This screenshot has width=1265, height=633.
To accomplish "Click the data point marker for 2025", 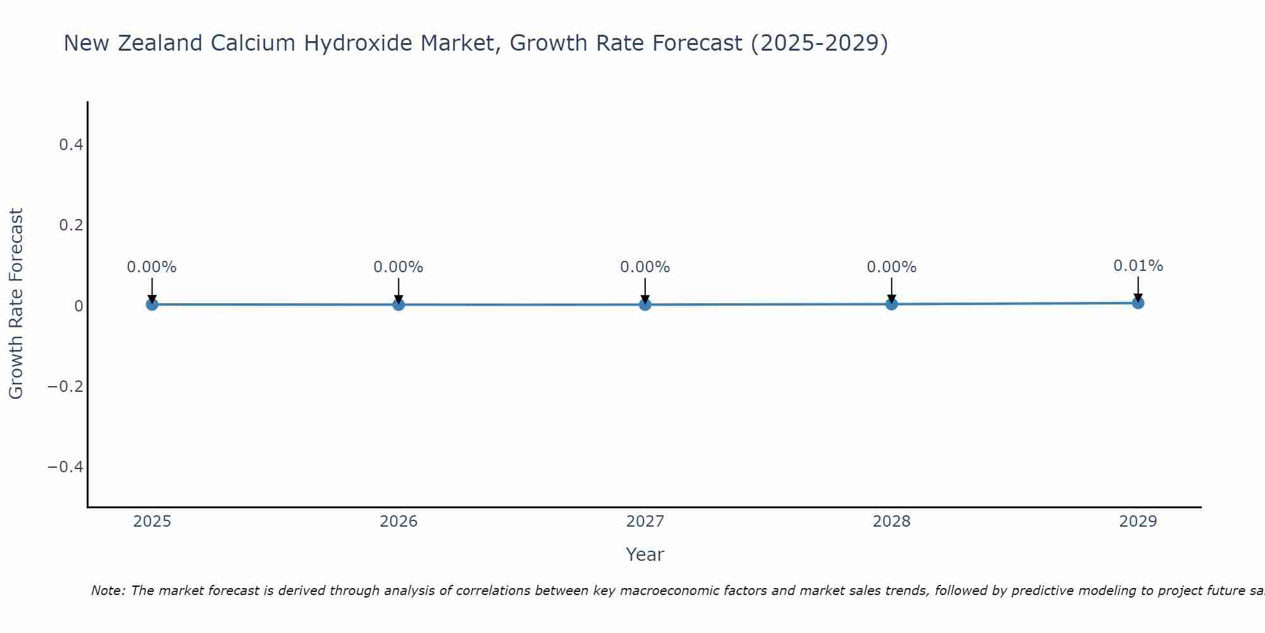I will tap(152, 304).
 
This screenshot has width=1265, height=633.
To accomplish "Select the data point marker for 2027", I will tap(645, 304).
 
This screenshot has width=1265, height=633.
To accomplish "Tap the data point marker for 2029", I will tap(1138, 303).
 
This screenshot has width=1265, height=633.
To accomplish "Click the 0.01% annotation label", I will tap(1138, 266).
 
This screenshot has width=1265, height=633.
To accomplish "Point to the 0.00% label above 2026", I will tap(398, 267).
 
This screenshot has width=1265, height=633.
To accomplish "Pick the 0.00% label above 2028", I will tap(891, 267).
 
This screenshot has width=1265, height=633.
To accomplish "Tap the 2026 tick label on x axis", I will tap(398, 522).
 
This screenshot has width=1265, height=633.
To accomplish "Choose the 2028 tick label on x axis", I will tap(891, 522).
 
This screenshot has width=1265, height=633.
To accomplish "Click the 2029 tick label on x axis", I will tap(1138, 522).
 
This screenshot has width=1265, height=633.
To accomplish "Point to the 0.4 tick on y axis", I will tap(71, 145).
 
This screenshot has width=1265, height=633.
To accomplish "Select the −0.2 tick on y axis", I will tap(66, 386).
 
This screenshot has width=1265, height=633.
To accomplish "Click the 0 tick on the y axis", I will tap(78, 306).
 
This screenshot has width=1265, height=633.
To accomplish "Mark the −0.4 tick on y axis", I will tap(66, 467).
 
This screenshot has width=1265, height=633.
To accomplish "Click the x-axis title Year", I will tap(645, 555).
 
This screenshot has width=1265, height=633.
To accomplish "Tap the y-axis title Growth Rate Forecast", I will tap(16, 304).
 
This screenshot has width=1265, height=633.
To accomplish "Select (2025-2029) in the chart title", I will tap(819, 43).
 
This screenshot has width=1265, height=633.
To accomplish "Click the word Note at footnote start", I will tap(108, 591).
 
